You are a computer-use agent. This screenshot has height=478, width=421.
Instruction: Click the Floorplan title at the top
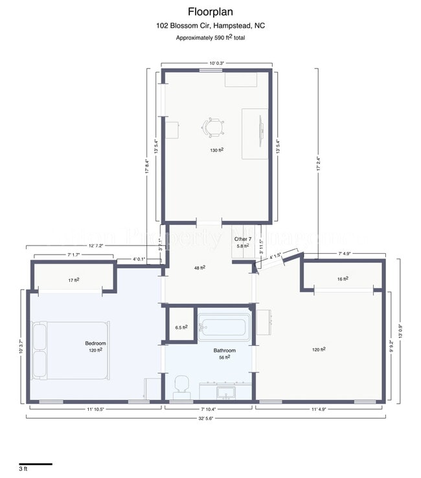210,11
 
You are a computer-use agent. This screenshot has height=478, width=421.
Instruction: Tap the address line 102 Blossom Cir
210,26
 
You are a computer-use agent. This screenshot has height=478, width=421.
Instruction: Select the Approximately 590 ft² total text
210,38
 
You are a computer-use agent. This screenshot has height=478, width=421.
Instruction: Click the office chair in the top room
214,128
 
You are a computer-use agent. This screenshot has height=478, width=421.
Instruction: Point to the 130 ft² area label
216,150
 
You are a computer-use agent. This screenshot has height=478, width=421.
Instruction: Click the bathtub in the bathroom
223,327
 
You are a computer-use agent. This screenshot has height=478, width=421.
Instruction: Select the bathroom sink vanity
225,392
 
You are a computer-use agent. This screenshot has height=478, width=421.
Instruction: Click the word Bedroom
95,343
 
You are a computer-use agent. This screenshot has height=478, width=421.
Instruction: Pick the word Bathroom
225,350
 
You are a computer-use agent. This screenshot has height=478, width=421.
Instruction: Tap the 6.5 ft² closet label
181,328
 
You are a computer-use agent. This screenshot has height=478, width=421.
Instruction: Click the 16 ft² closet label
343,279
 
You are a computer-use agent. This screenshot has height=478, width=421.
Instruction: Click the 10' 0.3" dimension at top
216,63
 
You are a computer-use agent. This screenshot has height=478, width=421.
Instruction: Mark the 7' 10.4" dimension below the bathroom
211,409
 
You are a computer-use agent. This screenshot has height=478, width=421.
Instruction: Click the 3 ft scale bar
35,464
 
